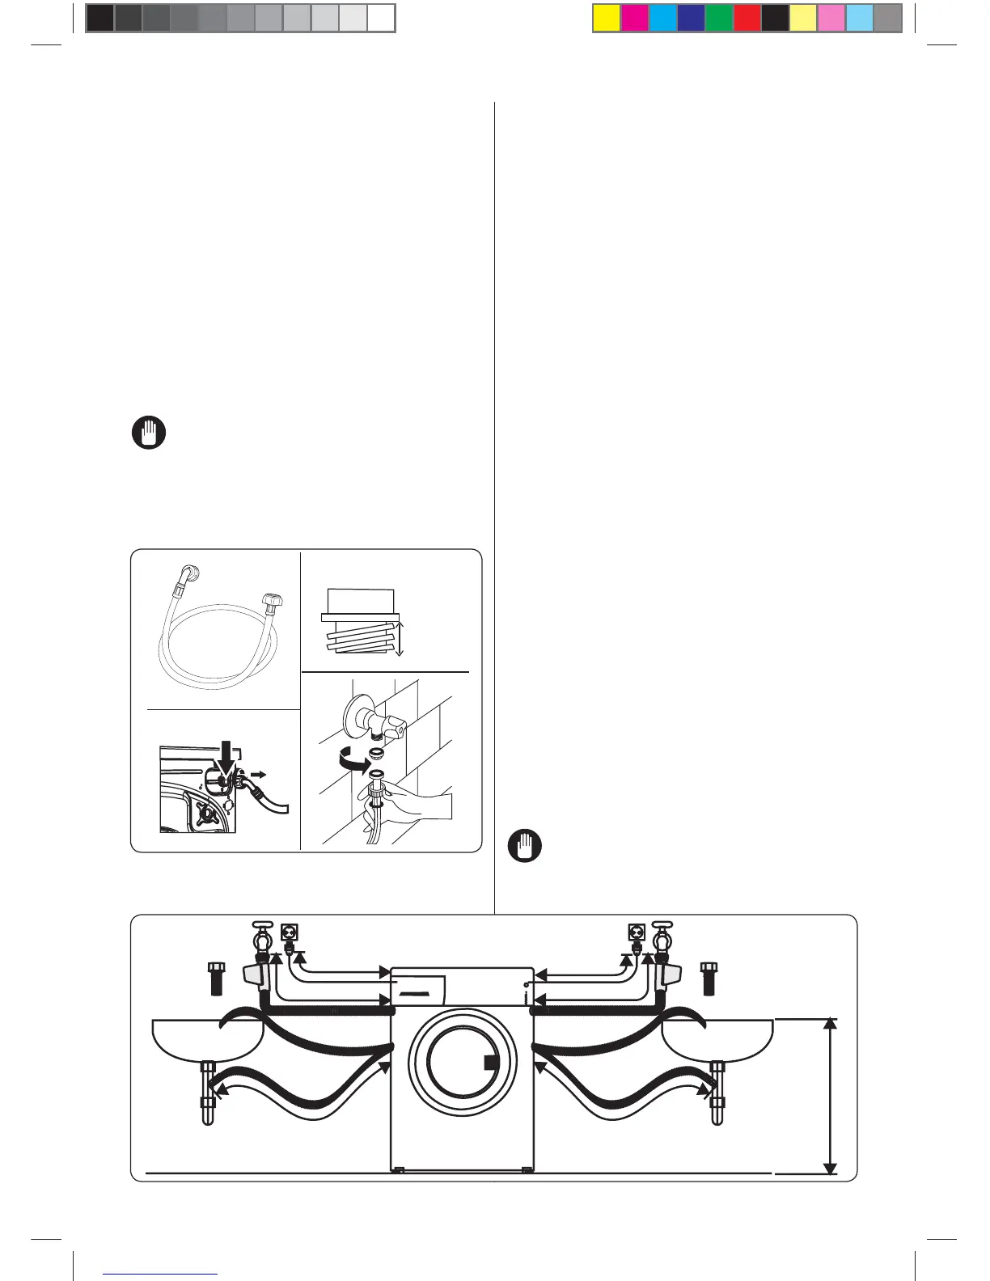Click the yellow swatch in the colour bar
click(607, 18)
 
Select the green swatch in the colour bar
click(719, 18)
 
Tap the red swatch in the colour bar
click(747, 18)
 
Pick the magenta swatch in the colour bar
click(635, 18)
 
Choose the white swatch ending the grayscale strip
click(381, 18)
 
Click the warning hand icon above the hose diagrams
click(149, 433)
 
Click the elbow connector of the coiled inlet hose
click(192, 575)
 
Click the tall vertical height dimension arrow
click(830, 1096)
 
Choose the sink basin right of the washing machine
click(717, 1040)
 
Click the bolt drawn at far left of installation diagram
click(216, 979)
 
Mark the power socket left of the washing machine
click(289, 932)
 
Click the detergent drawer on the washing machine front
click(419, 987)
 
